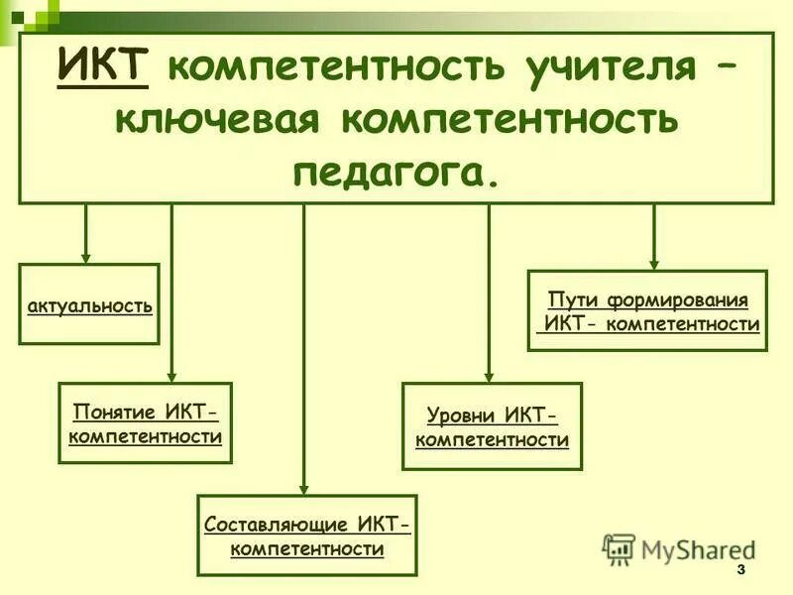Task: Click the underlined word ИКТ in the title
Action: click(x=103, y=66)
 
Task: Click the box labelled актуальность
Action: click(x=89, y=303)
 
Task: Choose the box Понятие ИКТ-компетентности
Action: click(x=145, y=422)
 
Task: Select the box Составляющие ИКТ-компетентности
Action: click(x=307, y=535)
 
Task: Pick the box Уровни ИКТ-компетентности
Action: click(x=492, y=425)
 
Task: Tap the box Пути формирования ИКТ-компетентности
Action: click(x=647, y=309)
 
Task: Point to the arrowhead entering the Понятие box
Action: click(x=171, y=376)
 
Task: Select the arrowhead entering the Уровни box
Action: click(x=489, y=375)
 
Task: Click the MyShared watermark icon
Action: click(x=619, y=548)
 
